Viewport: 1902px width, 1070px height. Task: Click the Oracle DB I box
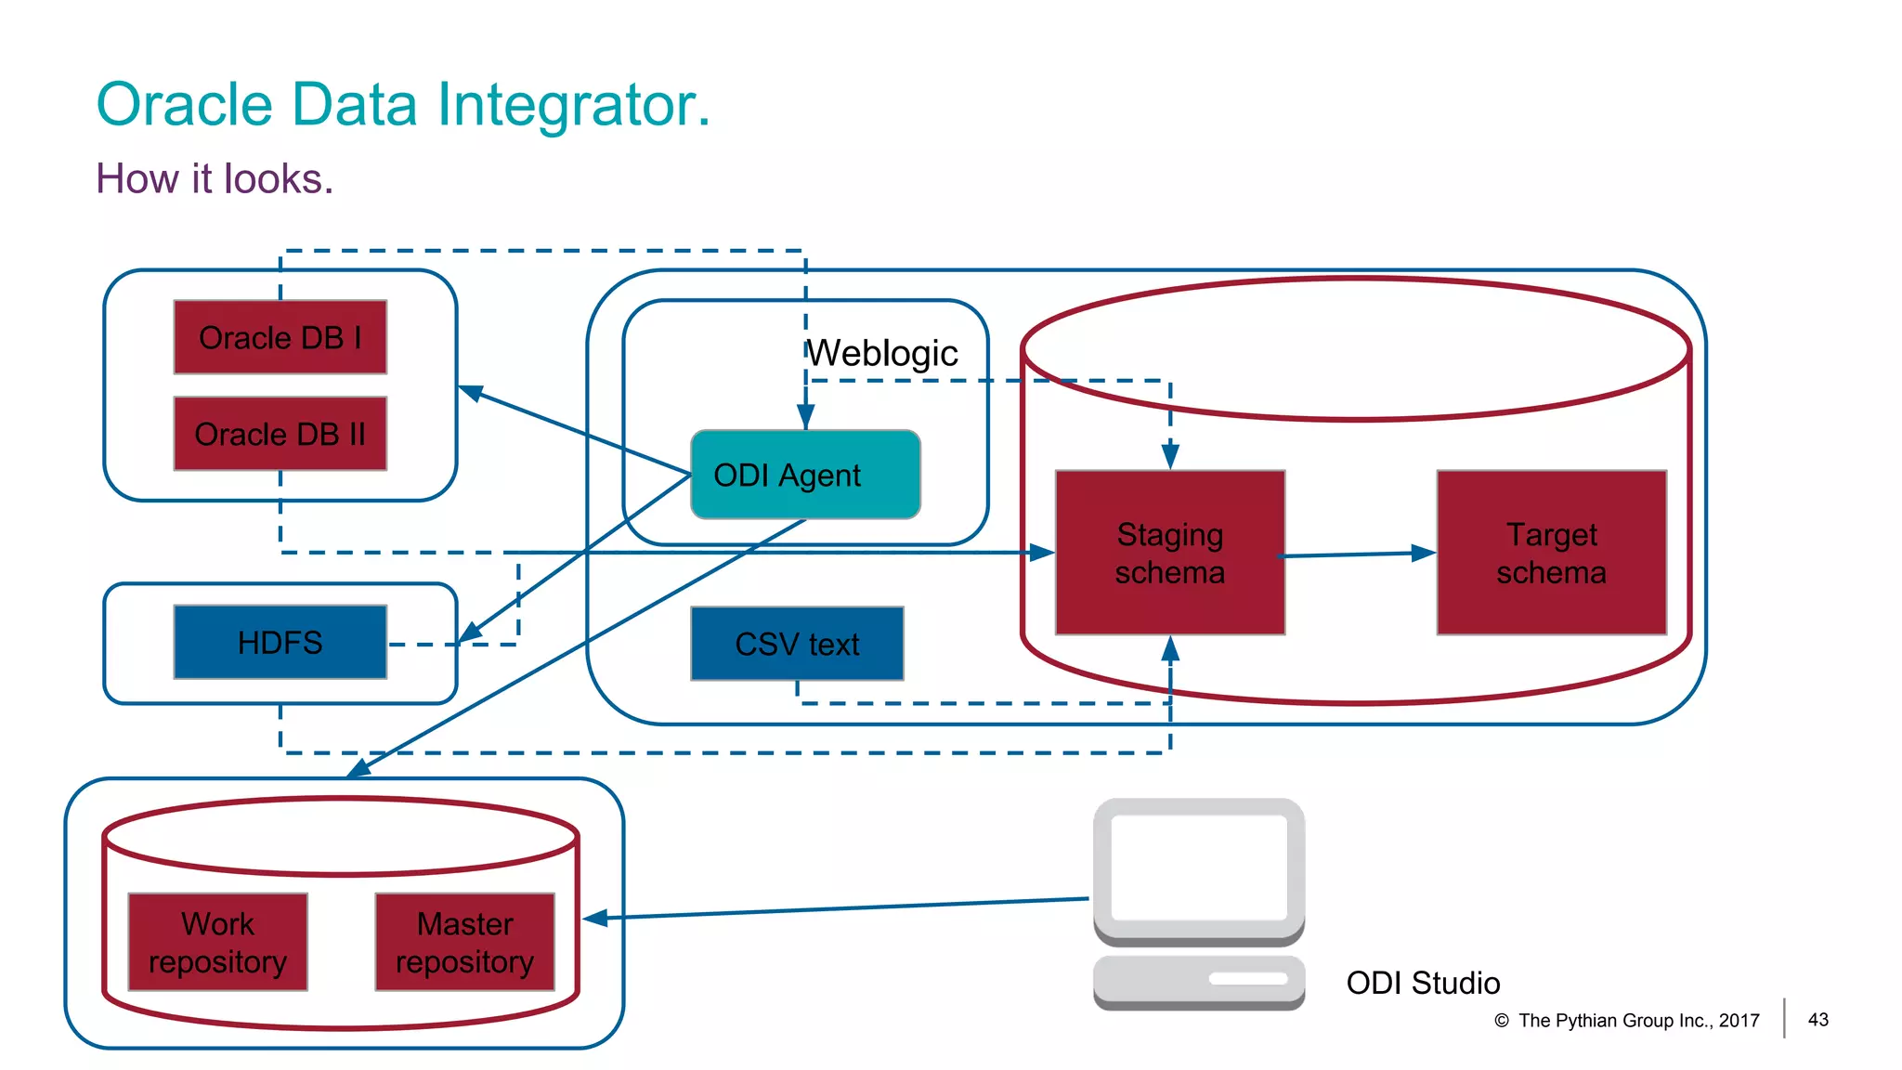pyautogui.click(x=280, y=337)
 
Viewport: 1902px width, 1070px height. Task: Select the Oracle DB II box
pyautogui.click(x=280, y=434)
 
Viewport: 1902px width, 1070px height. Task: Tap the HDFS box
pyautogui.click(x=280, y=642)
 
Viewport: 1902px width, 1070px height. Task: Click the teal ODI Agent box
pyautogui.click(x=805, y=475)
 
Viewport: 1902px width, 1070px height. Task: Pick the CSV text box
pyautogui.click(x=797, y=644)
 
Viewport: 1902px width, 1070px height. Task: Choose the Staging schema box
pyautogui.click(x=1170, y=553)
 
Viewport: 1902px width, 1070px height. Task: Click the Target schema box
pyautogui.click(x=1551, y=553)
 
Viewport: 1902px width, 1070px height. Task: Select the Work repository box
pyautogui.click(x=217, y=942)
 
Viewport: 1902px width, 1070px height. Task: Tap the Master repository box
pyautogui.click(x=464, y=942)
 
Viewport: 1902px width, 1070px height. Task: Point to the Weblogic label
pyautogui.click(x=882, y=354)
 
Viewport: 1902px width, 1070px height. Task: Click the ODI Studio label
pyautogui.click(x=1423, y=983)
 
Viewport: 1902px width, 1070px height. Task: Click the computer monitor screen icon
pyautogui.click(x=1199, y=868)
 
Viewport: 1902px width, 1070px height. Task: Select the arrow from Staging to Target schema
pyautogui.click(x=1358, y=555)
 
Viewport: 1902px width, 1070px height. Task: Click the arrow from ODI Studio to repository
pyautogui.click(x=836, y=908)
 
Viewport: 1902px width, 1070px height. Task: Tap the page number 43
pyautogui.click(x=1817, y=1020)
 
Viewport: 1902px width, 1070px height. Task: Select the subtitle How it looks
pyautogui.click(x=215, y=178)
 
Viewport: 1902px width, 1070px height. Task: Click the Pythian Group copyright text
pyautogui.click(x=1638, y=1021)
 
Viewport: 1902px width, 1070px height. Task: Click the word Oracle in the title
pyautogui.click(x=185, y=104)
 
